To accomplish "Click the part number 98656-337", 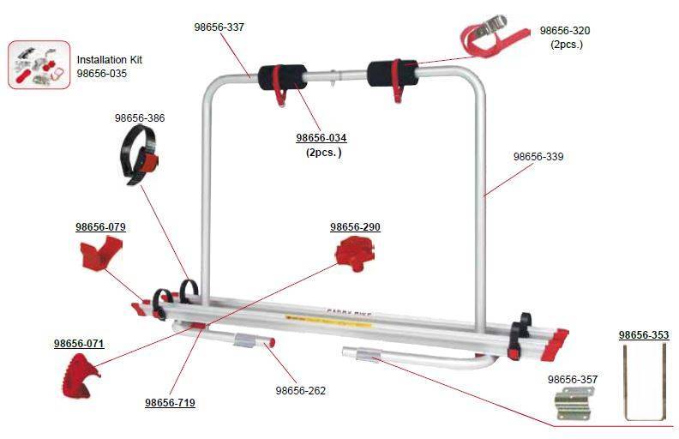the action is pyautogui.click(x=219, y=27).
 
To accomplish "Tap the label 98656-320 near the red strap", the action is pyautogui.click(x=565, y=31).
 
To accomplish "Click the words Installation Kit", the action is pyautogui.click(x=110, y=60).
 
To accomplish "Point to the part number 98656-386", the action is pyautogui.click(x=140, y=118).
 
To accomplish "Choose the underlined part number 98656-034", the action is pyautogui.click(x=321, y=138).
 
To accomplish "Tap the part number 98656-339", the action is pyautogui.click(x=538, y=158).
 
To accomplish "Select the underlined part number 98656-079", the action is pyautogui.click(x=100, y=227).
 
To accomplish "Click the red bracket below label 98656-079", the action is pyautogui.click(x=100, y=255).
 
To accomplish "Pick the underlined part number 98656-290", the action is pyautogui.click(x=355, y=227).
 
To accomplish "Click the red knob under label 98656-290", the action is pyautogui.click(x=353, y=252).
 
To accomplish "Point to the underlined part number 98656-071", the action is pyautogui.click(x=79, y=344).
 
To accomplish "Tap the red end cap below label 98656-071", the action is pyautogui.click(x=80, y=376).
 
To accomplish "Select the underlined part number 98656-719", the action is pyautogui.click(x=170, y=402).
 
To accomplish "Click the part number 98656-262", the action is pyautogui.click(x=300, y=391).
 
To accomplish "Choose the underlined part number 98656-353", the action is pyautogui.click(x=644, y=335).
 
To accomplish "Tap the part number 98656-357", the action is pyautogui.click(x=573, y=379).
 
